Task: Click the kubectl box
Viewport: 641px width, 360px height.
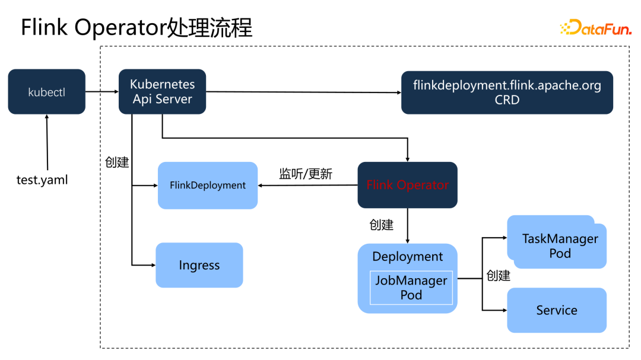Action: click(x=46, y=92)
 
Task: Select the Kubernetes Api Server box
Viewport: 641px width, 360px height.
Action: click(x=162, y=92)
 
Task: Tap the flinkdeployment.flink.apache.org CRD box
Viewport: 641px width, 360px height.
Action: click(x=507, y=92)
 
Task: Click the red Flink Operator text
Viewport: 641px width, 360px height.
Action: click(x=407, y=185)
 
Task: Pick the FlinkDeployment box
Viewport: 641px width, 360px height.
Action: click(x=208, y=185)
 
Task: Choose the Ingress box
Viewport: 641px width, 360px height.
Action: click(x=199, y=265)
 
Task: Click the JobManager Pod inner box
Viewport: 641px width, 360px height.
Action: click(x=411, y=288)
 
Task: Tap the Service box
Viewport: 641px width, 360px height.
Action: click(x=557, y=310)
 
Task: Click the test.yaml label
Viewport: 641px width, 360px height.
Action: click(x=42, y=179)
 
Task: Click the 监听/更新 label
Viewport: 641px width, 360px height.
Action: click(x=306, y=174)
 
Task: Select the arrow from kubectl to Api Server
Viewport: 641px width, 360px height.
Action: click(x=102, y=92)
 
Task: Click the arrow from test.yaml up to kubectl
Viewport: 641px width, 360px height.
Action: click(x=47, y=142)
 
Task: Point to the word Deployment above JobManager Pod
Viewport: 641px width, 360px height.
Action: click(x=407, y=256)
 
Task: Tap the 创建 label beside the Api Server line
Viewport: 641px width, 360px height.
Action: click(x=117, y=162)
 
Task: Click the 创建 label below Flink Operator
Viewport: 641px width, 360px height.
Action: click(x=382, y=225)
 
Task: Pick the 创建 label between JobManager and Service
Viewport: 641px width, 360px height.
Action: click(x=499, y=276)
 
